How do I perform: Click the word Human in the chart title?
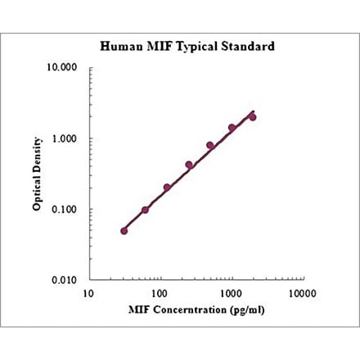click(x=119, y=47)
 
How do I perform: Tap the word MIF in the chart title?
click(x=155, y=47)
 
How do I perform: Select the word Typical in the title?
click(x=194, y=47)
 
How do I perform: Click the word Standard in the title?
click(x=245, y=47)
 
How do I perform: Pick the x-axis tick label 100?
click(x=160, y=292)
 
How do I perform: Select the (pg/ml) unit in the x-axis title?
click(x=246, y=311)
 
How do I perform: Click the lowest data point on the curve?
click(x=124, y=231)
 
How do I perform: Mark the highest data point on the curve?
click(x=253, y=117)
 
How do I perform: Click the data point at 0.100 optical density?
click(x=146, y=210)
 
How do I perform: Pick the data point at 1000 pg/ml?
click(x=232, y=128)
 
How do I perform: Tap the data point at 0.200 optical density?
click(x=167, y=187)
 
